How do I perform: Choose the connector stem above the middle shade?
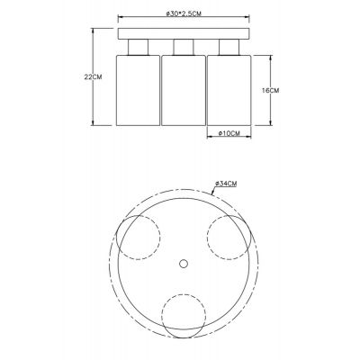(x=184, y=47)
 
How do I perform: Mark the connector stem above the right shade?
(x=229, y=47)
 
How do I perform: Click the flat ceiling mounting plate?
(x=184, y=34)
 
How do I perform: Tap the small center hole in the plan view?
(x=183, y=264)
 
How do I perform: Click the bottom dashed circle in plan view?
(x=183, y=316)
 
